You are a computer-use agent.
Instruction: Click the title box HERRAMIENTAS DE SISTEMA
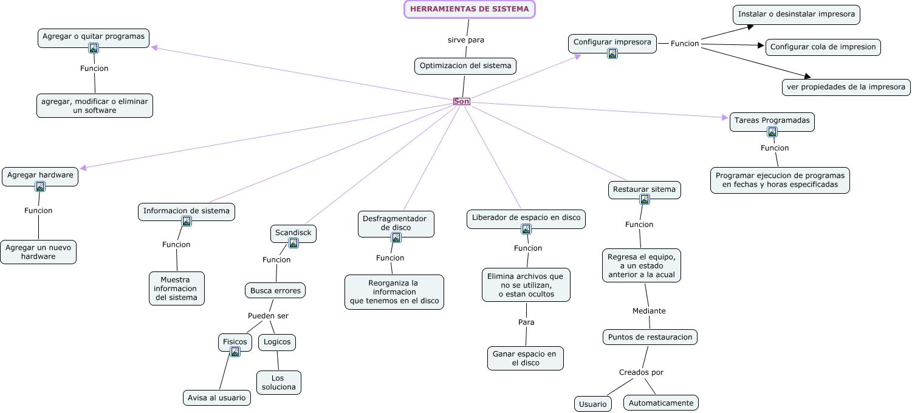(469, 9)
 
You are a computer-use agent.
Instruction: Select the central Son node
(462, 101)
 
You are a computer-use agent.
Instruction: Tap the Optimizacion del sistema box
(465, 66)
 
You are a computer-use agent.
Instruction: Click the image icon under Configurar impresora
(612, 53)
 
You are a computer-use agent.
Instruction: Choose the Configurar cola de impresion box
(823, 47)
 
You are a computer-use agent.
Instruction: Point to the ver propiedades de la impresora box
(846, 87)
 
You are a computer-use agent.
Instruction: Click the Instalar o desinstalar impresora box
(796, 14)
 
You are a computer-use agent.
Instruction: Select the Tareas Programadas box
(772, 120)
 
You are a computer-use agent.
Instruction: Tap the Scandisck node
(293, 233)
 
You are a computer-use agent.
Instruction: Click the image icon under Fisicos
(235, 352)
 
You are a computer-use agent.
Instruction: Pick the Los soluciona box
(278, 383)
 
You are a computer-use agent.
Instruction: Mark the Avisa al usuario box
(217, 398)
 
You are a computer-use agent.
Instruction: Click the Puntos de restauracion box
(650, 337)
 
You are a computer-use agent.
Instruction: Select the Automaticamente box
(661, 403)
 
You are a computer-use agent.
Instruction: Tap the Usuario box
(592, 404)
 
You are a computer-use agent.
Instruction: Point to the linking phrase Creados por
(641, 372)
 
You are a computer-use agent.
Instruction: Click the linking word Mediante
(649, 311)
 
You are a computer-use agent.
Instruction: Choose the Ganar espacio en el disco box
(525, 358)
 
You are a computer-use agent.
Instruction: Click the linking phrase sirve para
(466, 40)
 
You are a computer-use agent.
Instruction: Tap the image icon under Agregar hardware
(40, 186)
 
